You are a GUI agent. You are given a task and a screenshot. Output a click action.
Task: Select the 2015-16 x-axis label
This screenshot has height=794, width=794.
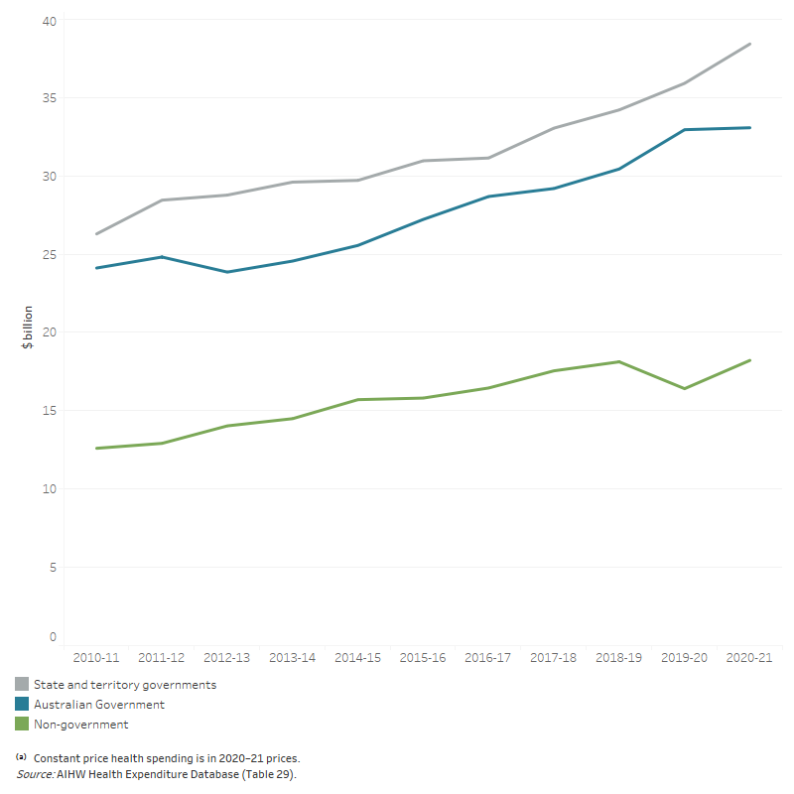423,658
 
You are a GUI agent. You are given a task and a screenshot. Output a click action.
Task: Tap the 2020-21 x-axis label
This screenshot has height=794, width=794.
750,658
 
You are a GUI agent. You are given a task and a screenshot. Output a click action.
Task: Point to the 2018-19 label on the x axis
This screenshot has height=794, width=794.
619,658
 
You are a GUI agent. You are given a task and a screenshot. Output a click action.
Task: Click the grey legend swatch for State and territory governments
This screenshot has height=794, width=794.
22,685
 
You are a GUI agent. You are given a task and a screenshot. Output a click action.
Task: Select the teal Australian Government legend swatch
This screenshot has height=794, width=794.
22,705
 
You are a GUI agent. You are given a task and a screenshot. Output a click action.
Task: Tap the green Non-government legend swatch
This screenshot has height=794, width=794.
22,725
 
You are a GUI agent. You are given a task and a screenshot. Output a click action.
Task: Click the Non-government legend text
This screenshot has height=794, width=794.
80,725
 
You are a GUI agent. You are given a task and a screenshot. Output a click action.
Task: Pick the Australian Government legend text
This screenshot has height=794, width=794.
99,705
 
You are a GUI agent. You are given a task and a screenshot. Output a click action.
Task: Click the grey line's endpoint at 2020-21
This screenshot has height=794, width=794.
750,44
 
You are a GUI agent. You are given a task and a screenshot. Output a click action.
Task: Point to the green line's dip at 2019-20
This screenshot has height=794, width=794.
685,388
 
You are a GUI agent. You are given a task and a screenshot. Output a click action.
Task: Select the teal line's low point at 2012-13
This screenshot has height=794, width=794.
226,272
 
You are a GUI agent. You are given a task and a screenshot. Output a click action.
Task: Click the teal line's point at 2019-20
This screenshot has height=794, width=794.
685,130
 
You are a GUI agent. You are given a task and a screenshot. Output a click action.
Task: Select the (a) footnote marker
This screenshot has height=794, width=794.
21,757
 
